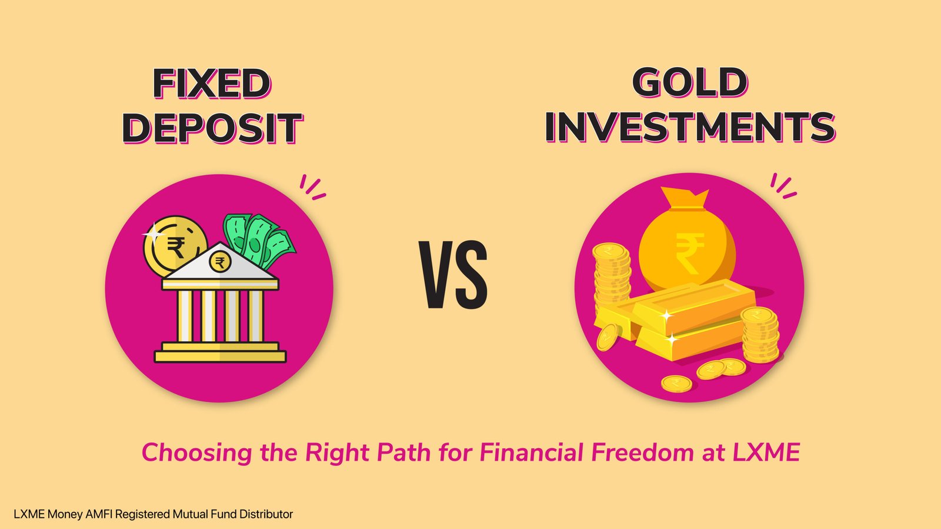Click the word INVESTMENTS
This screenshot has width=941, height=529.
(x=690, y=127)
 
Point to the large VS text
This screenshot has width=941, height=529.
(x=453, y=275)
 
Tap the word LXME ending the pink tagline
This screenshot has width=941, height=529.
(x=766, y=453)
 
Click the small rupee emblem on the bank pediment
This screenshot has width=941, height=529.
(x=220, y=262)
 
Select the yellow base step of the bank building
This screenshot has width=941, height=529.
(x=220, y=356)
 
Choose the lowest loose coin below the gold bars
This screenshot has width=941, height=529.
(x=676, y=384)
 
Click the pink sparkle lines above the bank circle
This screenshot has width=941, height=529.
(x=312, y=187)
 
